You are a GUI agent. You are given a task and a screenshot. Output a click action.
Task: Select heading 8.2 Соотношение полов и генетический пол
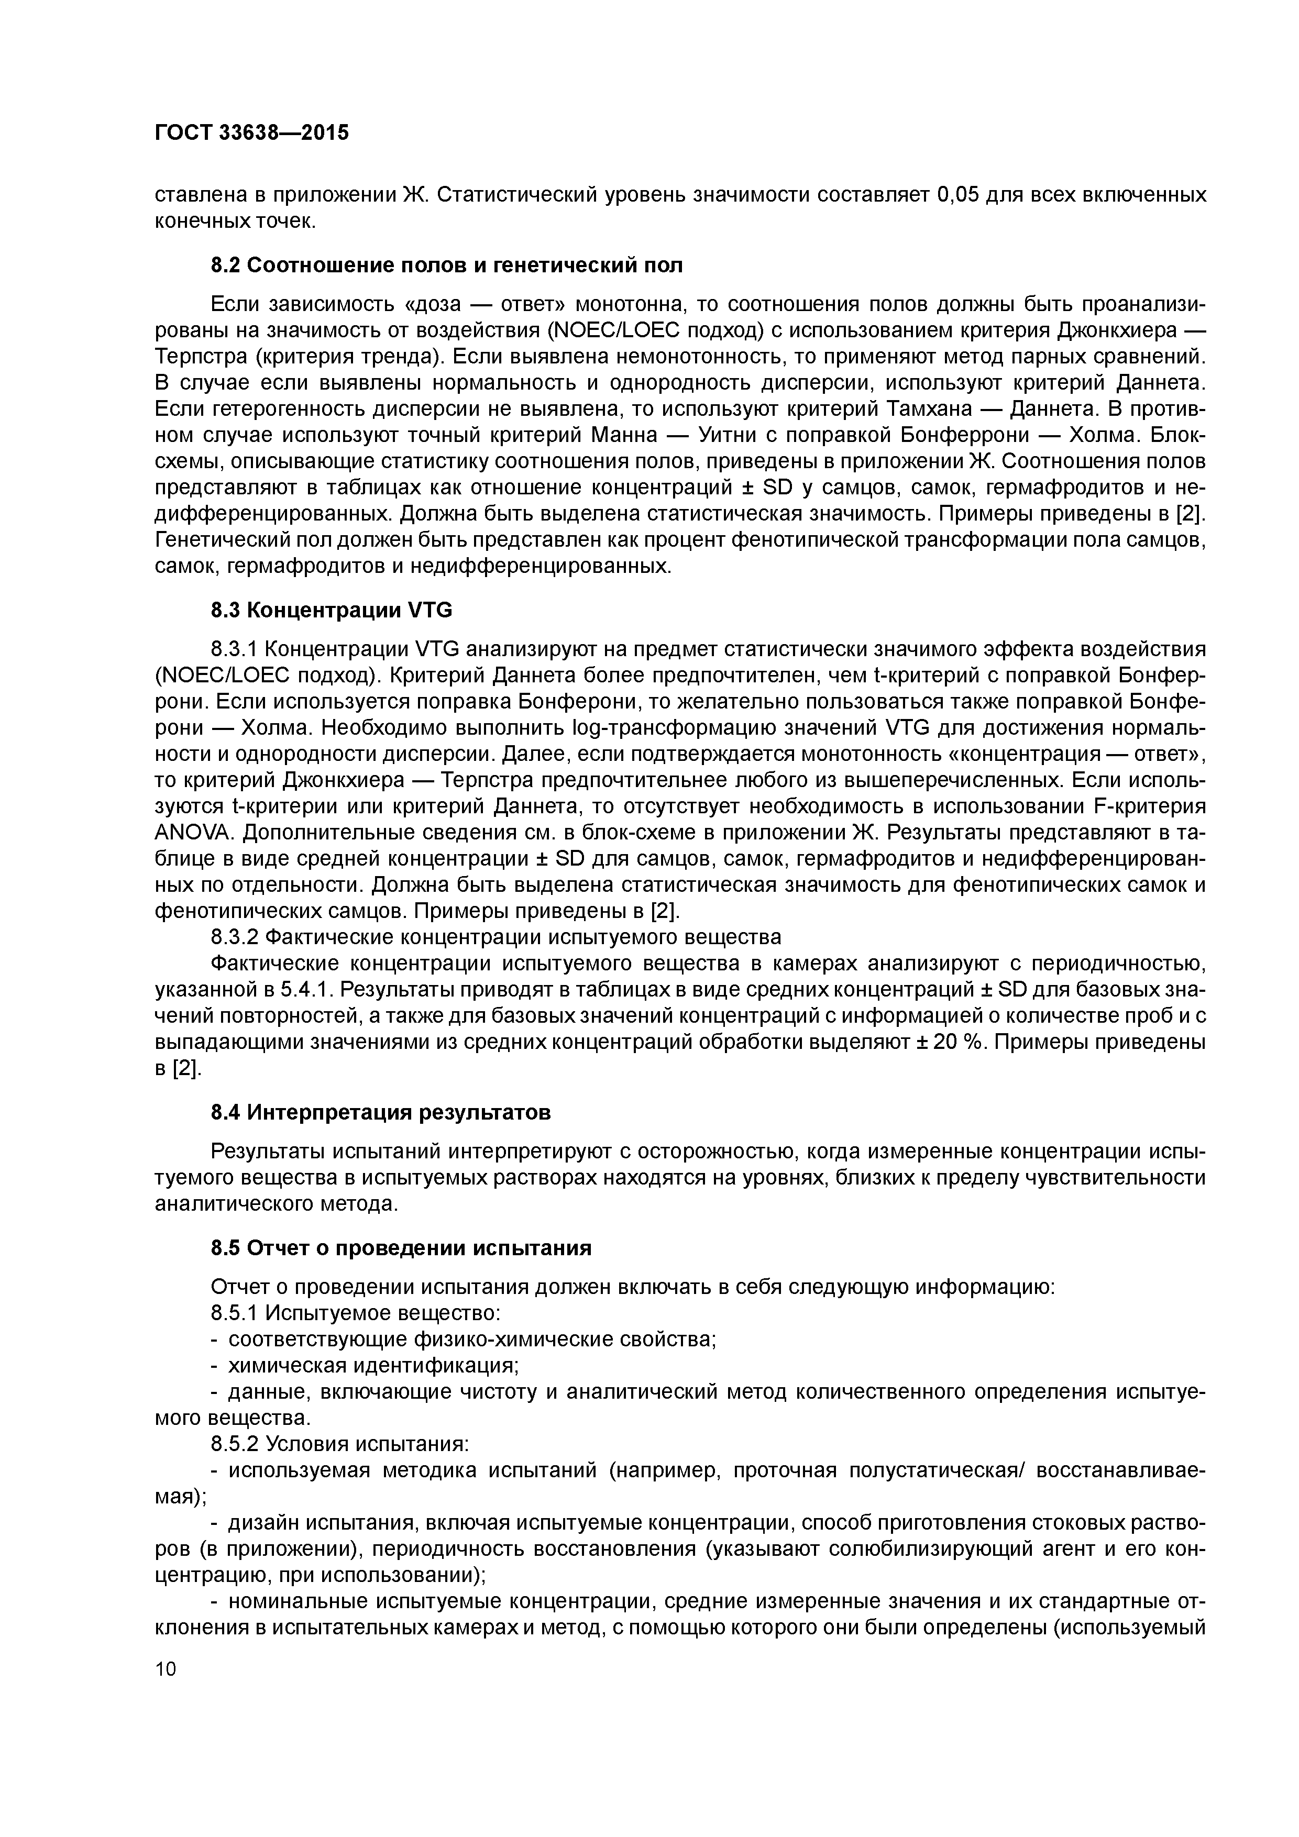pos(447,265)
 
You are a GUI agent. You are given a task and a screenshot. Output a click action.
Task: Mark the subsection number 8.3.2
pos(235,937)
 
